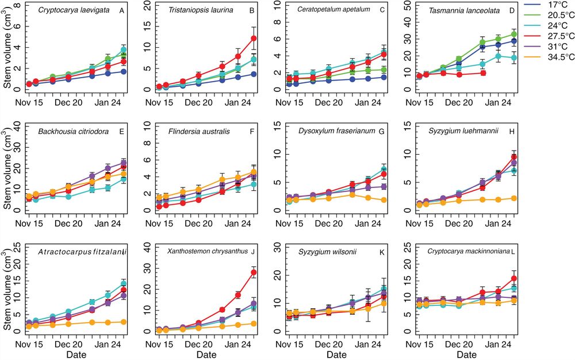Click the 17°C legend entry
(x=551, y=8)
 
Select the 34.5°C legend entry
(x=551, y=58)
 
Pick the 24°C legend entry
(x=551, y=28)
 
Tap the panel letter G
(x=381, y=131)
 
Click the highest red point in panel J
(x=253, y=273)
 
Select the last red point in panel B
(x=253, y=39)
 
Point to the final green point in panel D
(x=513, y=35)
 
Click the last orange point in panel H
(x=513, y=198)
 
